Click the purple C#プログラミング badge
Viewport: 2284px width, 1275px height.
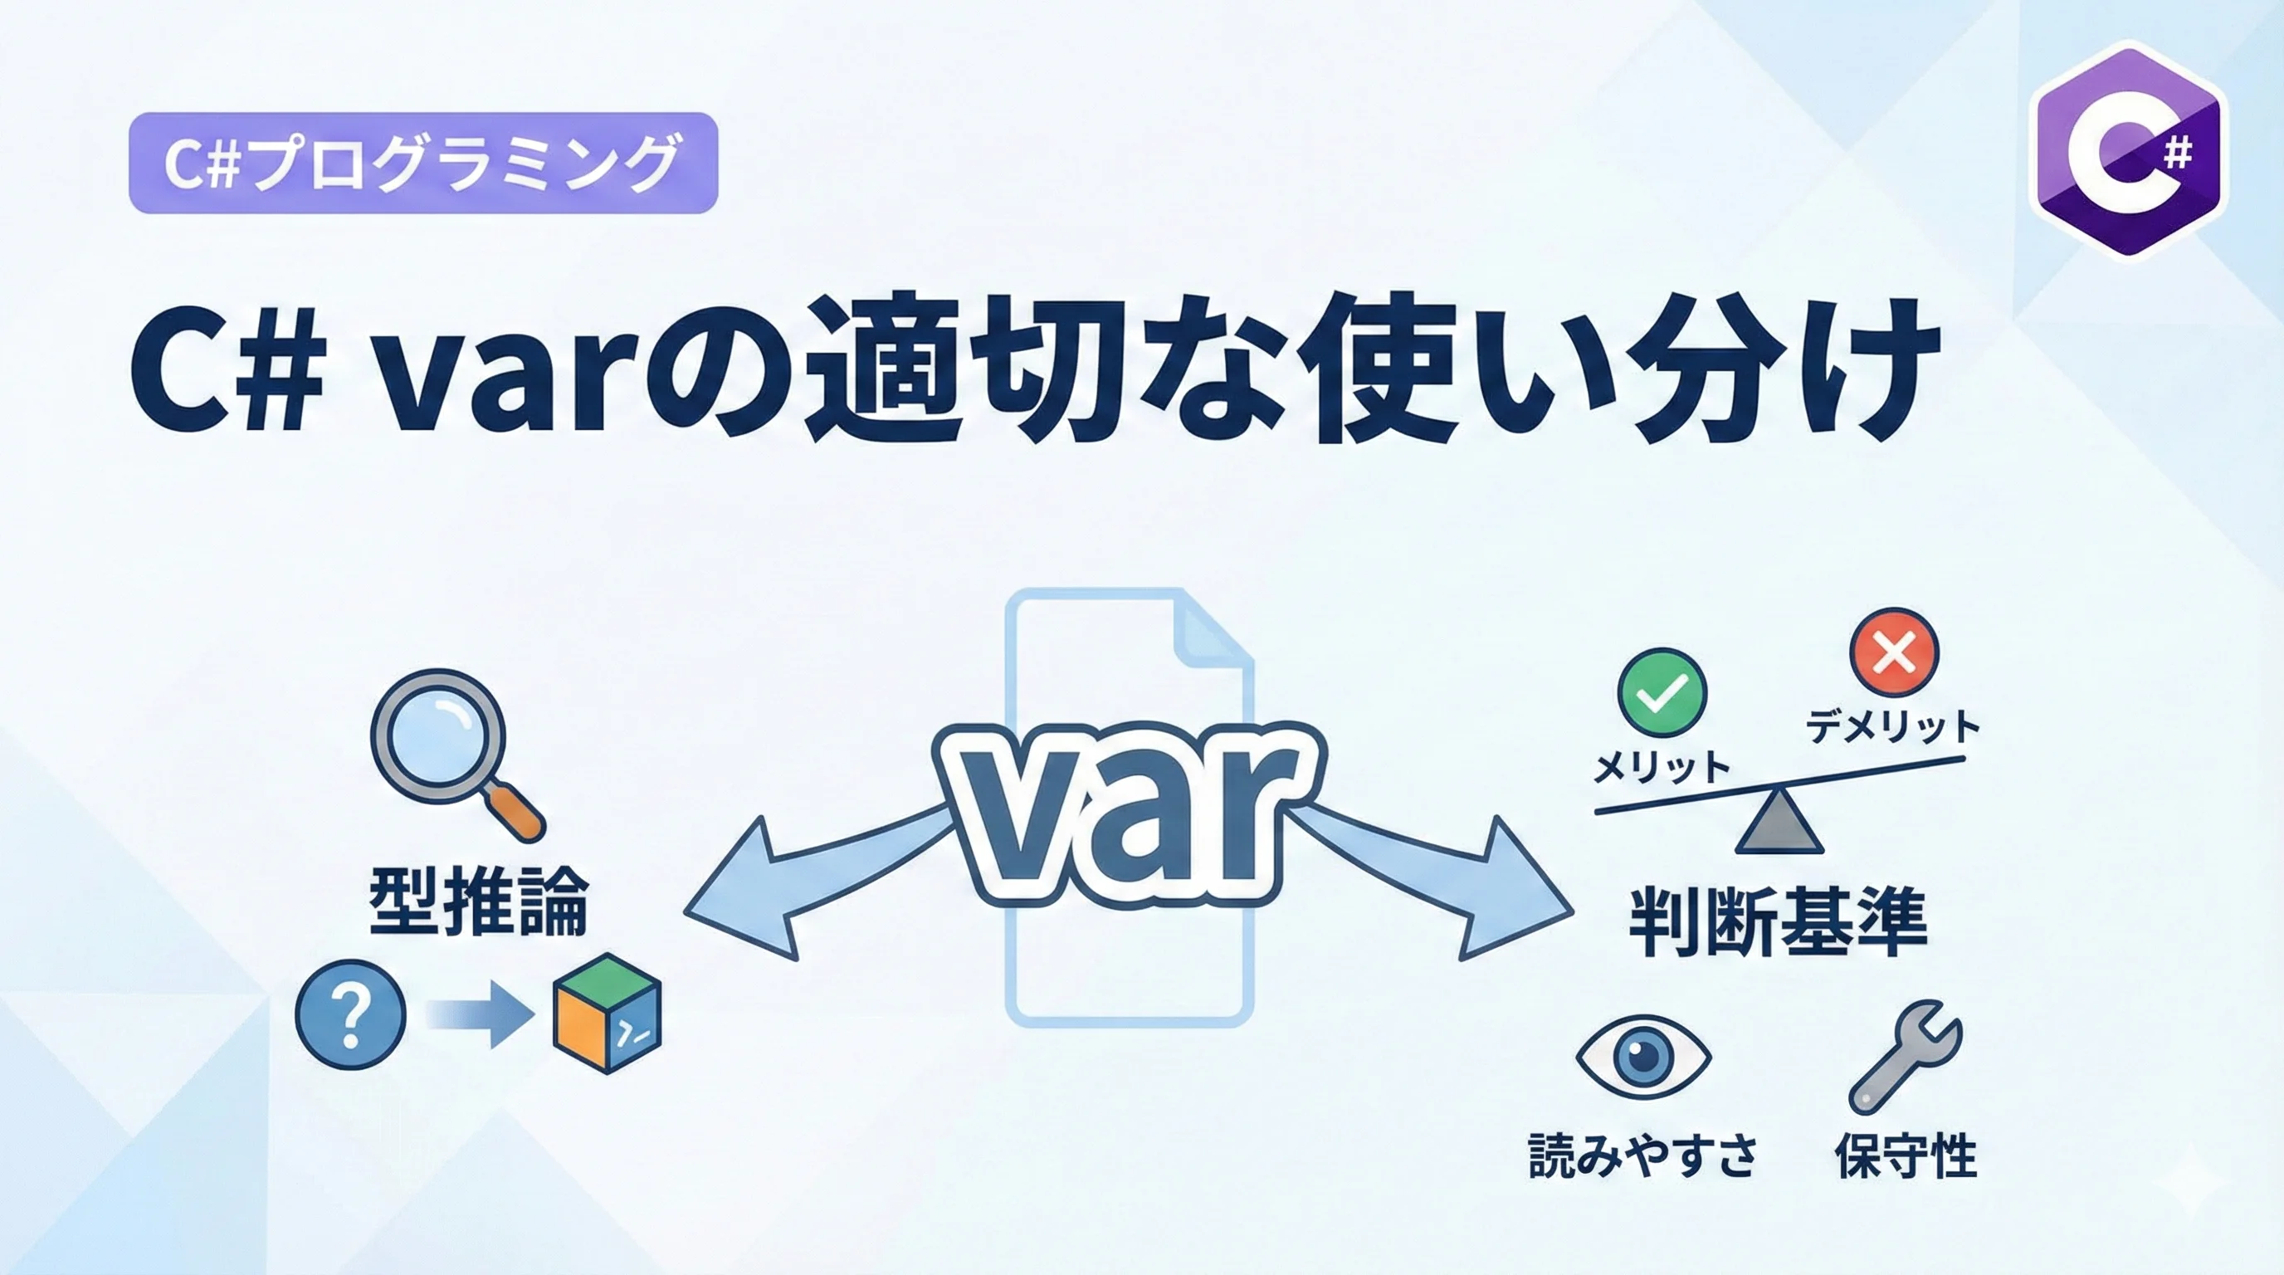click(x=423, y=164)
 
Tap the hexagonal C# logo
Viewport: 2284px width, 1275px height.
click(x=2128, y=151)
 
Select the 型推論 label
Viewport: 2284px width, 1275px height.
click(x=479, y=901)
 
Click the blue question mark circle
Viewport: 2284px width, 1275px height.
click(x=350, y=1014)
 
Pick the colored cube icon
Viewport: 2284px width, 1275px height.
click(x=607, y=1014)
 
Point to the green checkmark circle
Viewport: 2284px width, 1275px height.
click(x=1662, y=693)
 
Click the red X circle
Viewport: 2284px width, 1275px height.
click(x=1894, y=652)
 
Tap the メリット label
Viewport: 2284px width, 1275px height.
click(x=1662, y=768)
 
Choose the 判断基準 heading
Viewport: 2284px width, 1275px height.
click(x=1779, y=923)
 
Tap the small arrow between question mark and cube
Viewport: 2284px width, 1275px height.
click(x=480, y=1014)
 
